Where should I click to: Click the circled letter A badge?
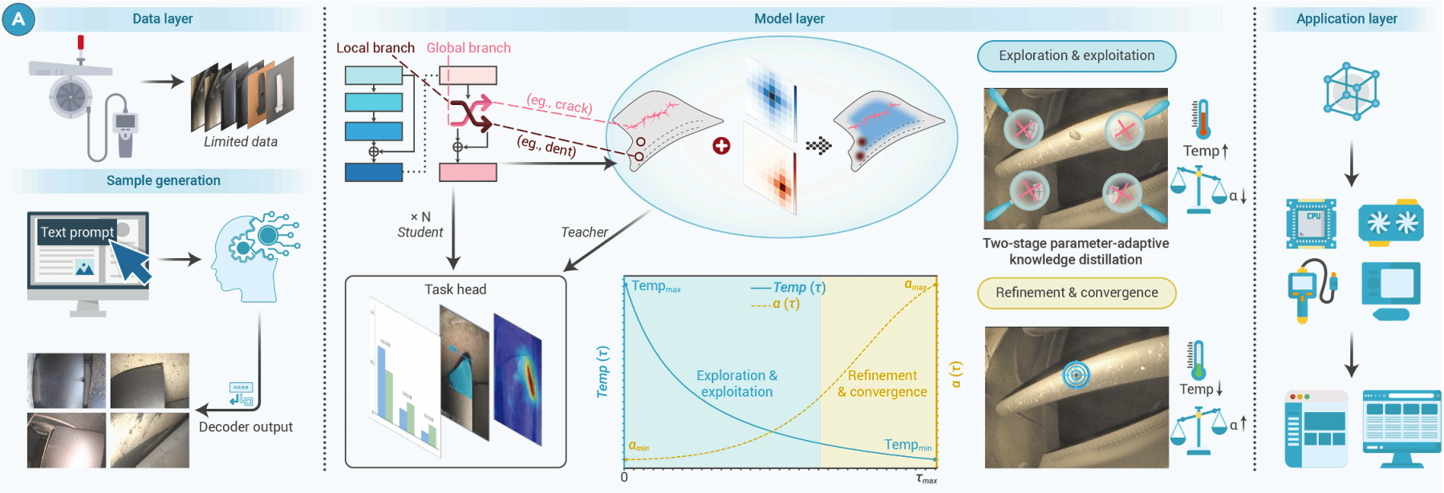(18, 19)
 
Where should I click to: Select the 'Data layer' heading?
(162, 18)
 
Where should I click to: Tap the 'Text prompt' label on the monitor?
(77, 232)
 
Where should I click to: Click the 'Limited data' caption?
(240, 142)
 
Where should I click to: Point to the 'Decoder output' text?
(245, 427)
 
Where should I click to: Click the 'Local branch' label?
(375, 48)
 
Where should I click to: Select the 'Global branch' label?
(468, 48)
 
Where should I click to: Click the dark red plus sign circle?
(721, 145)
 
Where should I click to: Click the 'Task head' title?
(455, 289)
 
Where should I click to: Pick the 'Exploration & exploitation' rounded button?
(1077, 56)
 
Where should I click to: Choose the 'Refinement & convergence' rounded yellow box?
(1077, 293)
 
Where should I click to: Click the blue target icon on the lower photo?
(1076, 374)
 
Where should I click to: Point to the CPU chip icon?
(1311, 223)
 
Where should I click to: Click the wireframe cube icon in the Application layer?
(1351, 91)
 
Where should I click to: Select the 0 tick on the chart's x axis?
(624, 477)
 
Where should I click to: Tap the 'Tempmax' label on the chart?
(655, 286)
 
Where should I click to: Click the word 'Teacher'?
(584, 232)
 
